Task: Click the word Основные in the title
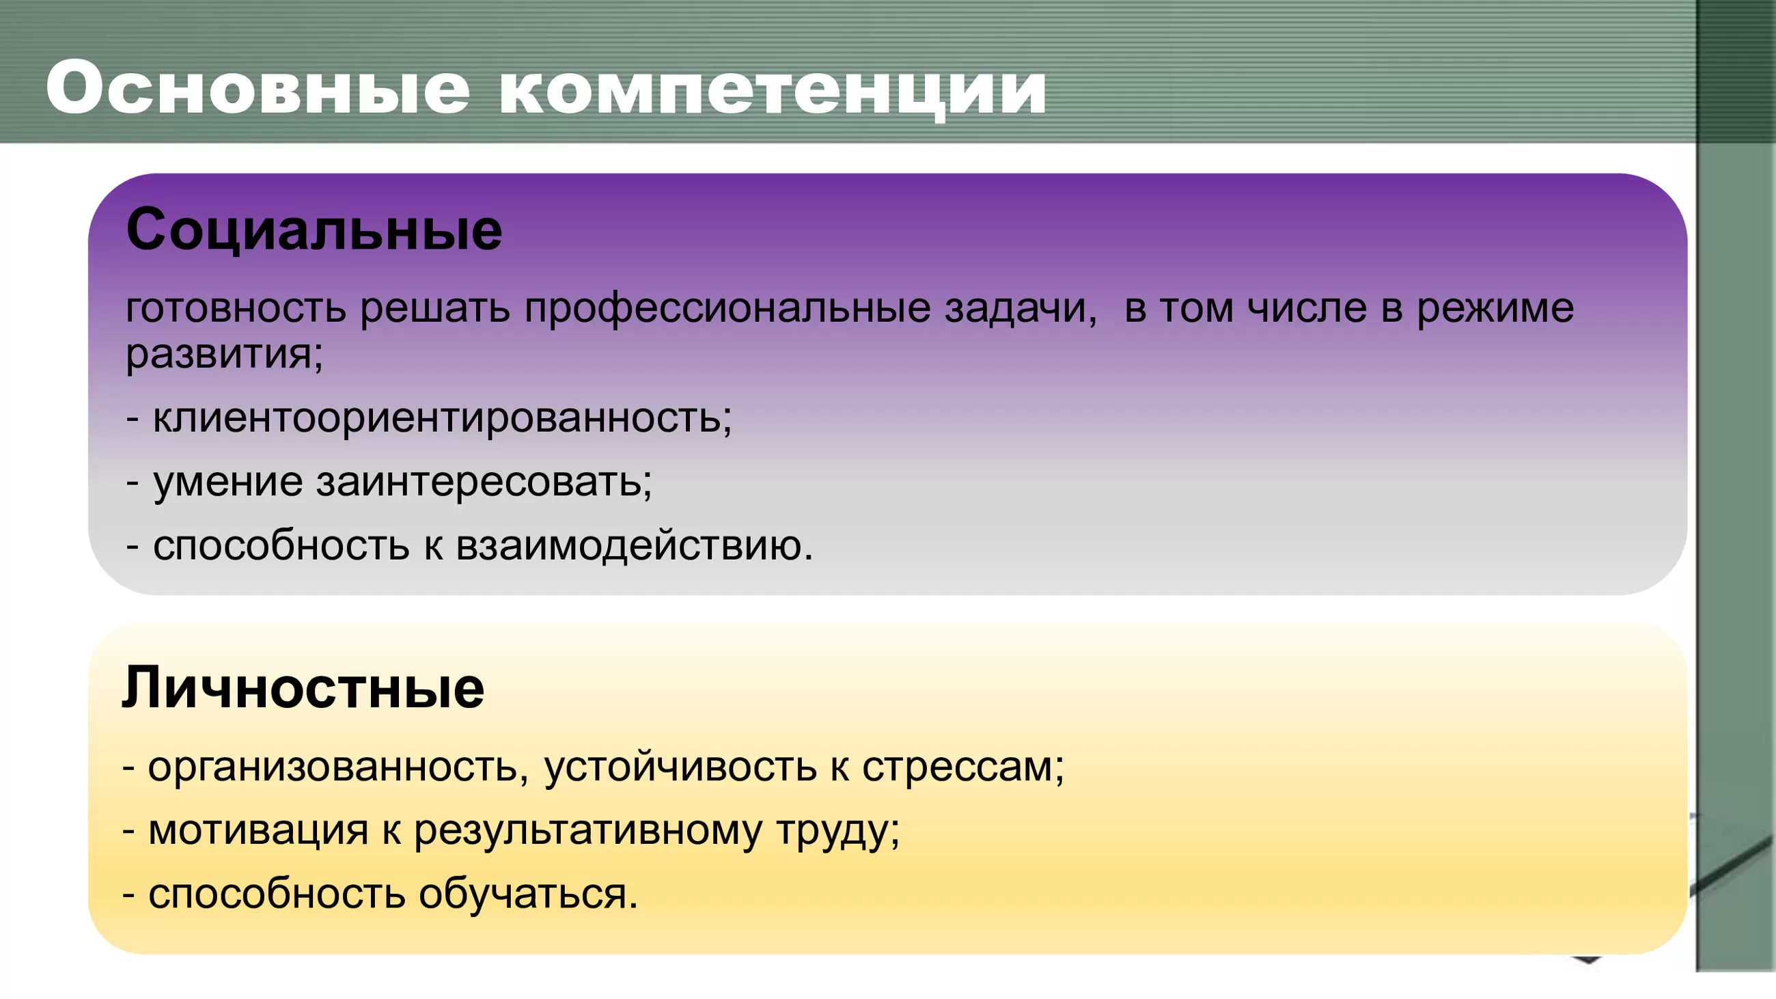(x=258, y=87)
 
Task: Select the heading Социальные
(x=314, y=230)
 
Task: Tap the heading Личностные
(x=303, y=687)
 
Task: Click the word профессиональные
(x=727, y=310)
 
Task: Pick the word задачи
(x=1021, y=310)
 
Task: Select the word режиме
(x=1495, y=310)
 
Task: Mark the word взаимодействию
(x=635, y=547)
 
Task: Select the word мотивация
(x=258, y=831)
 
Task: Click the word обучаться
(x=528, y=895)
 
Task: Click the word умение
(x=228, y=482)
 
